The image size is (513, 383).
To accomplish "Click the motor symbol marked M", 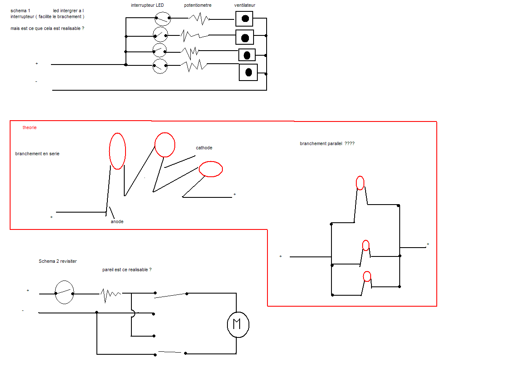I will (238, 324).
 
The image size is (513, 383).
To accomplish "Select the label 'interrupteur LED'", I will (147, 5).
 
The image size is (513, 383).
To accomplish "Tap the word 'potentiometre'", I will (198, 5).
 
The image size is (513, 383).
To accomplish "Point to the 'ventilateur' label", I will (245, 5).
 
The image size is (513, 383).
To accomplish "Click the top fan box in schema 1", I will (244, 18).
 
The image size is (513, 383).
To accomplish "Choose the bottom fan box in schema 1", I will (248, 72).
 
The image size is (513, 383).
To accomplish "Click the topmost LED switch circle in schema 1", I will (162, 19).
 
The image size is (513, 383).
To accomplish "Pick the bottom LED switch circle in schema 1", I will (160, 66).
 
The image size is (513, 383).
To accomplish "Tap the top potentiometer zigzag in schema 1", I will (199, 19).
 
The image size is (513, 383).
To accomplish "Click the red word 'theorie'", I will (29, 127).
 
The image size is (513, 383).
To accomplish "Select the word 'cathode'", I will (204, 148).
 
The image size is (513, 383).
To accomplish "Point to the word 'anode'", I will (117, 221).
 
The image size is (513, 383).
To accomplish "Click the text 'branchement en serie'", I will (37, 154).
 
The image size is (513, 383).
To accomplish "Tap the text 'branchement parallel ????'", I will (327, 143).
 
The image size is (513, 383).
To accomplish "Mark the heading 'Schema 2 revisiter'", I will (58, 261).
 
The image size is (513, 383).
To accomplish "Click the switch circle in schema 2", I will (64, 292).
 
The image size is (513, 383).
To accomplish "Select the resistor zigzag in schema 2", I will (110, 294).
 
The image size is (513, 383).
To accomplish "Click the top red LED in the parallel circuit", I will (360, 183).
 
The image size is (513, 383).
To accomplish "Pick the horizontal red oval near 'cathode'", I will (211, 169).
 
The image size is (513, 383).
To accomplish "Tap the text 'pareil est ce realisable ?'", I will (127, 270).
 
